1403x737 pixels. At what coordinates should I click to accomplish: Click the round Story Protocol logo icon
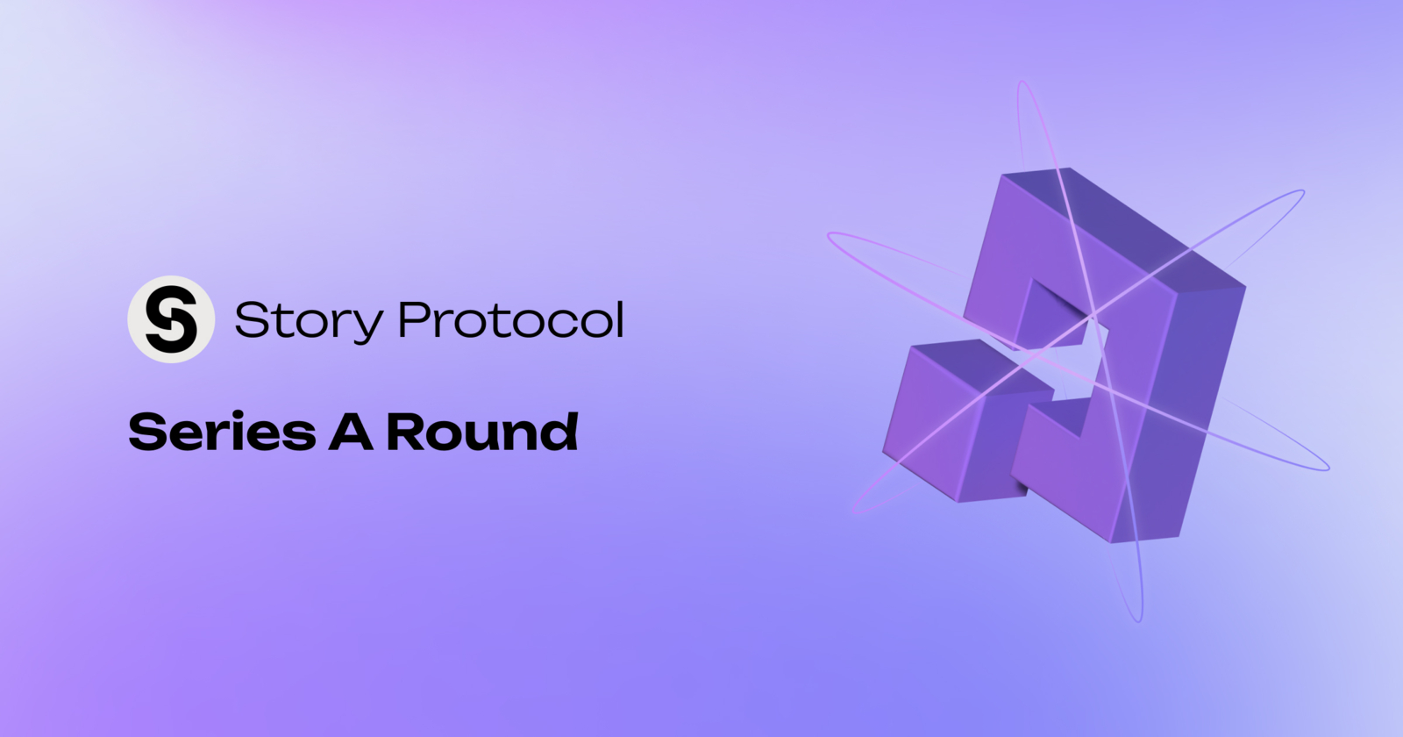tap(171, 319)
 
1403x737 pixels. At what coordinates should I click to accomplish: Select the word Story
tap(308, 321)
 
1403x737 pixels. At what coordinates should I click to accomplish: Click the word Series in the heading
tap(221, 432)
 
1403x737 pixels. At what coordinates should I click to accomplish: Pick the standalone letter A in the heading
tap(351, 433)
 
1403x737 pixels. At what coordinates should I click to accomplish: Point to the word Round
tap(482, 432)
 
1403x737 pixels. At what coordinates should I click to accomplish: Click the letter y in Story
tap(367, 326)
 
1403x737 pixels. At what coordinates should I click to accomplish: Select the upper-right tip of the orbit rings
tap(1301, 192)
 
